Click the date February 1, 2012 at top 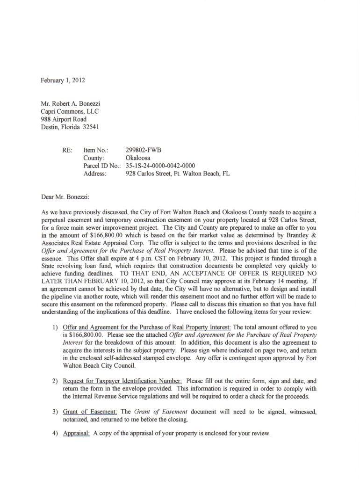63,80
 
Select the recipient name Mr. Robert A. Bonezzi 71,104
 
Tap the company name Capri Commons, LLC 70,111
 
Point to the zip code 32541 91,127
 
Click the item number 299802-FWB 144,151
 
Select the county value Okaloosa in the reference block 138,158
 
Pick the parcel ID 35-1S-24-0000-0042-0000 160,166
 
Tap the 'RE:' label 67,151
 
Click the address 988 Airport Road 64,119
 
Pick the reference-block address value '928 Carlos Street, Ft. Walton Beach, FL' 178,174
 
